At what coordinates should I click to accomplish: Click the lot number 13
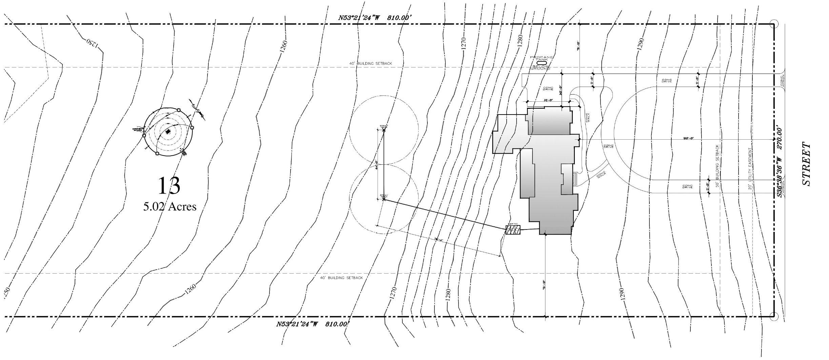[x=169, y=185]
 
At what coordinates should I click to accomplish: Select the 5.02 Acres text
[x=170, y=206]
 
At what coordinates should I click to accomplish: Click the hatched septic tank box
[x=513, y=230]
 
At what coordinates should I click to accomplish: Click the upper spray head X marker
[x=384, y=130]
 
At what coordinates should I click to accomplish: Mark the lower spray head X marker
[x=384, y=199]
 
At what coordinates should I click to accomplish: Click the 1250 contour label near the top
[x=92, y=43]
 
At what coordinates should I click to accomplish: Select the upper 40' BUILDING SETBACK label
[x=370, y=63]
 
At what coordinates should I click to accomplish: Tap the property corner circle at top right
[x=773, y=24]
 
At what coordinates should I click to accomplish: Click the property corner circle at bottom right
[x=773, y=317]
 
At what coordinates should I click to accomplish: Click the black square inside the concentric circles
[x=168, y=132]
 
